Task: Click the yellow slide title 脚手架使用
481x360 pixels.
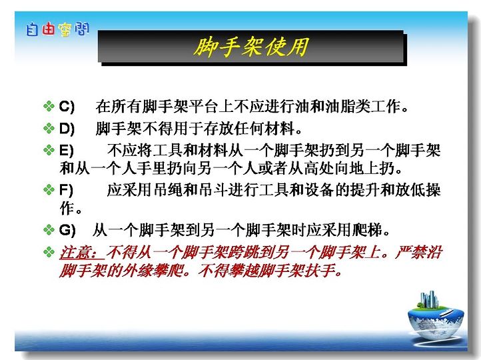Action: click(251, 47)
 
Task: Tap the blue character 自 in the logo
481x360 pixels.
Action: click(32, 29)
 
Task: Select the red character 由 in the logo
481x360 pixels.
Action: click(48, 29)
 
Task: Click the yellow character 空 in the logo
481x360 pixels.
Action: click(65, 30)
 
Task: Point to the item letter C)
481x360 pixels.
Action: click(67, 107)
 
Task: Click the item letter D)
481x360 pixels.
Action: click(67, 129)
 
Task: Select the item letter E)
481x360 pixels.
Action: click(66, 151)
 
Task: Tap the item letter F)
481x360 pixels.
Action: click(66, 190)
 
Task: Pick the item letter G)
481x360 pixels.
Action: click(67, 230)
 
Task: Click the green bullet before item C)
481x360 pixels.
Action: click(49, 106)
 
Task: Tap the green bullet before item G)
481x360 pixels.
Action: click(49, 229)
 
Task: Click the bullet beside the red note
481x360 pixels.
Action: click(49, 252)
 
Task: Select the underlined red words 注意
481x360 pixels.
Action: click(75, 253)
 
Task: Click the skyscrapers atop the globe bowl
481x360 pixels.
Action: click(429, 299)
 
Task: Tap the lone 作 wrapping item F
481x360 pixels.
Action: click(67, 209)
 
